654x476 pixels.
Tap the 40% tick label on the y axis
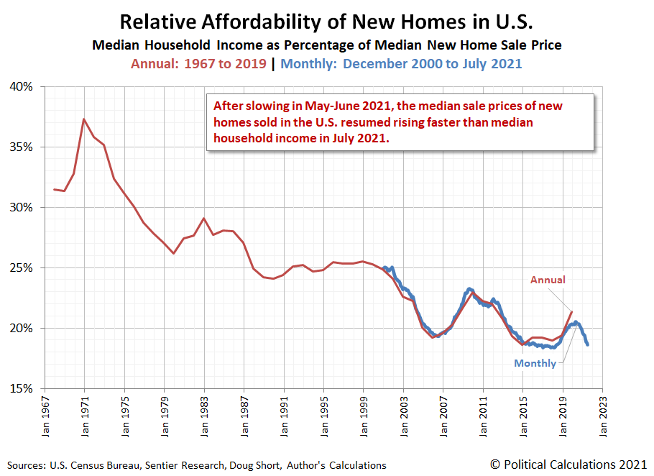(21, 87)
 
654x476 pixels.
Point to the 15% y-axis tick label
(21, 388)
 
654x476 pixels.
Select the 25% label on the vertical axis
(21, 267)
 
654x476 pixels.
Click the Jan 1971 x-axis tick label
(85, 414)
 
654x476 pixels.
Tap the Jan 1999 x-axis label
(364, 414)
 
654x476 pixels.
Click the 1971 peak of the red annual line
(84, 119)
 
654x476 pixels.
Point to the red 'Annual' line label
(548, 280)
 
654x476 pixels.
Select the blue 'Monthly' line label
(535, 363)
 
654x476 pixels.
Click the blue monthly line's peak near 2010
(469, 289)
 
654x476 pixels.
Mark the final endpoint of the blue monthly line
(588, 344)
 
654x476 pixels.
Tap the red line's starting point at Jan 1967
(55, 189)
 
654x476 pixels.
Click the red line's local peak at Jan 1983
(204, 218)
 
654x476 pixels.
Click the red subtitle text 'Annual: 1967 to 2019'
(197, 63)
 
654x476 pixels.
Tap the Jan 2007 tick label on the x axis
(443, 414)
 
